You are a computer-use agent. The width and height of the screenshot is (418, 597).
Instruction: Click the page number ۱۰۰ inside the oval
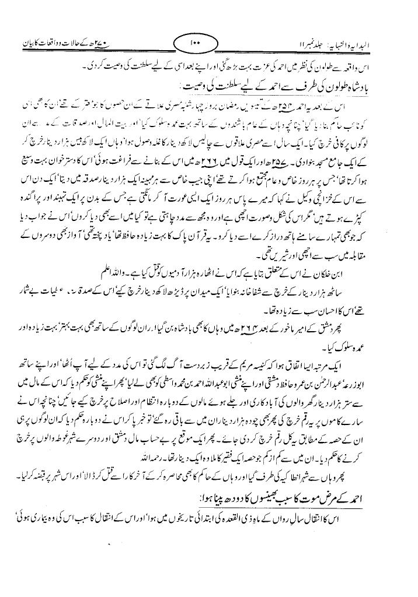pyautogui.click(x=194, y=43)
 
